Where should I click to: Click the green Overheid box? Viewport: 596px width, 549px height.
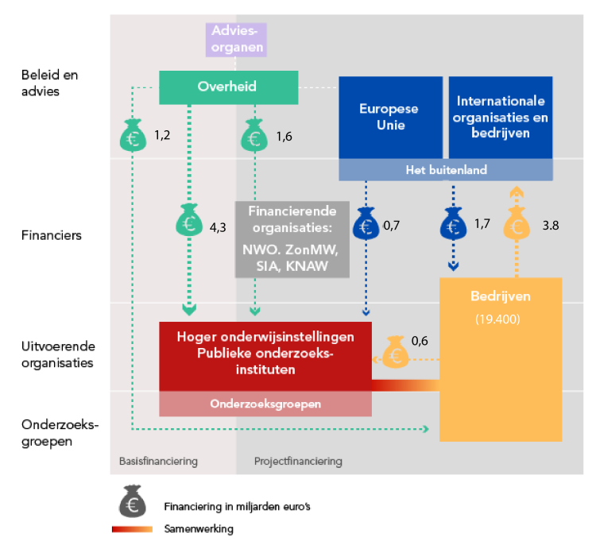click(228, 87)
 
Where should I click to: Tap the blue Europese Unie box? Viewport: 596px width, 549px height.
click(389, 116)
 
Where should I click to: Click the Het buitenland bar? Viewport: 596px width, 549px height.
click(445, 170)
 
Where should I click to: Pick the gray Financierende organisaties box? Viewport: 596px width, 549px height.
click(292, 239)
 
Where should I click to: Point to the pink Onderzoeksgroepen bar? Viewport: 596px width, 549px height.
click(265, 404)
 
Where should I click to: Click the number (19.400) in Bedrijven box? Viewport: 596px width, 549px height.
click(500, 320)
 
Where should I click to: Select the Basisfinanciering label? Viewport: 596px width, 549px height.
click(158, 461)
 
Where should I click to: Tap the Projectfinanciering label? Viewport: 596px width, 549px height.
click(298, 461)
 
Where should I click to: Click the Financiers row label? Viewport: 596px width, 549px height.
click(49, 235)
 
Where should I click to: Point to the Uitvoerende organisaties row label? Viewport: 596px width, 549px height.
click(58, 354)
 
